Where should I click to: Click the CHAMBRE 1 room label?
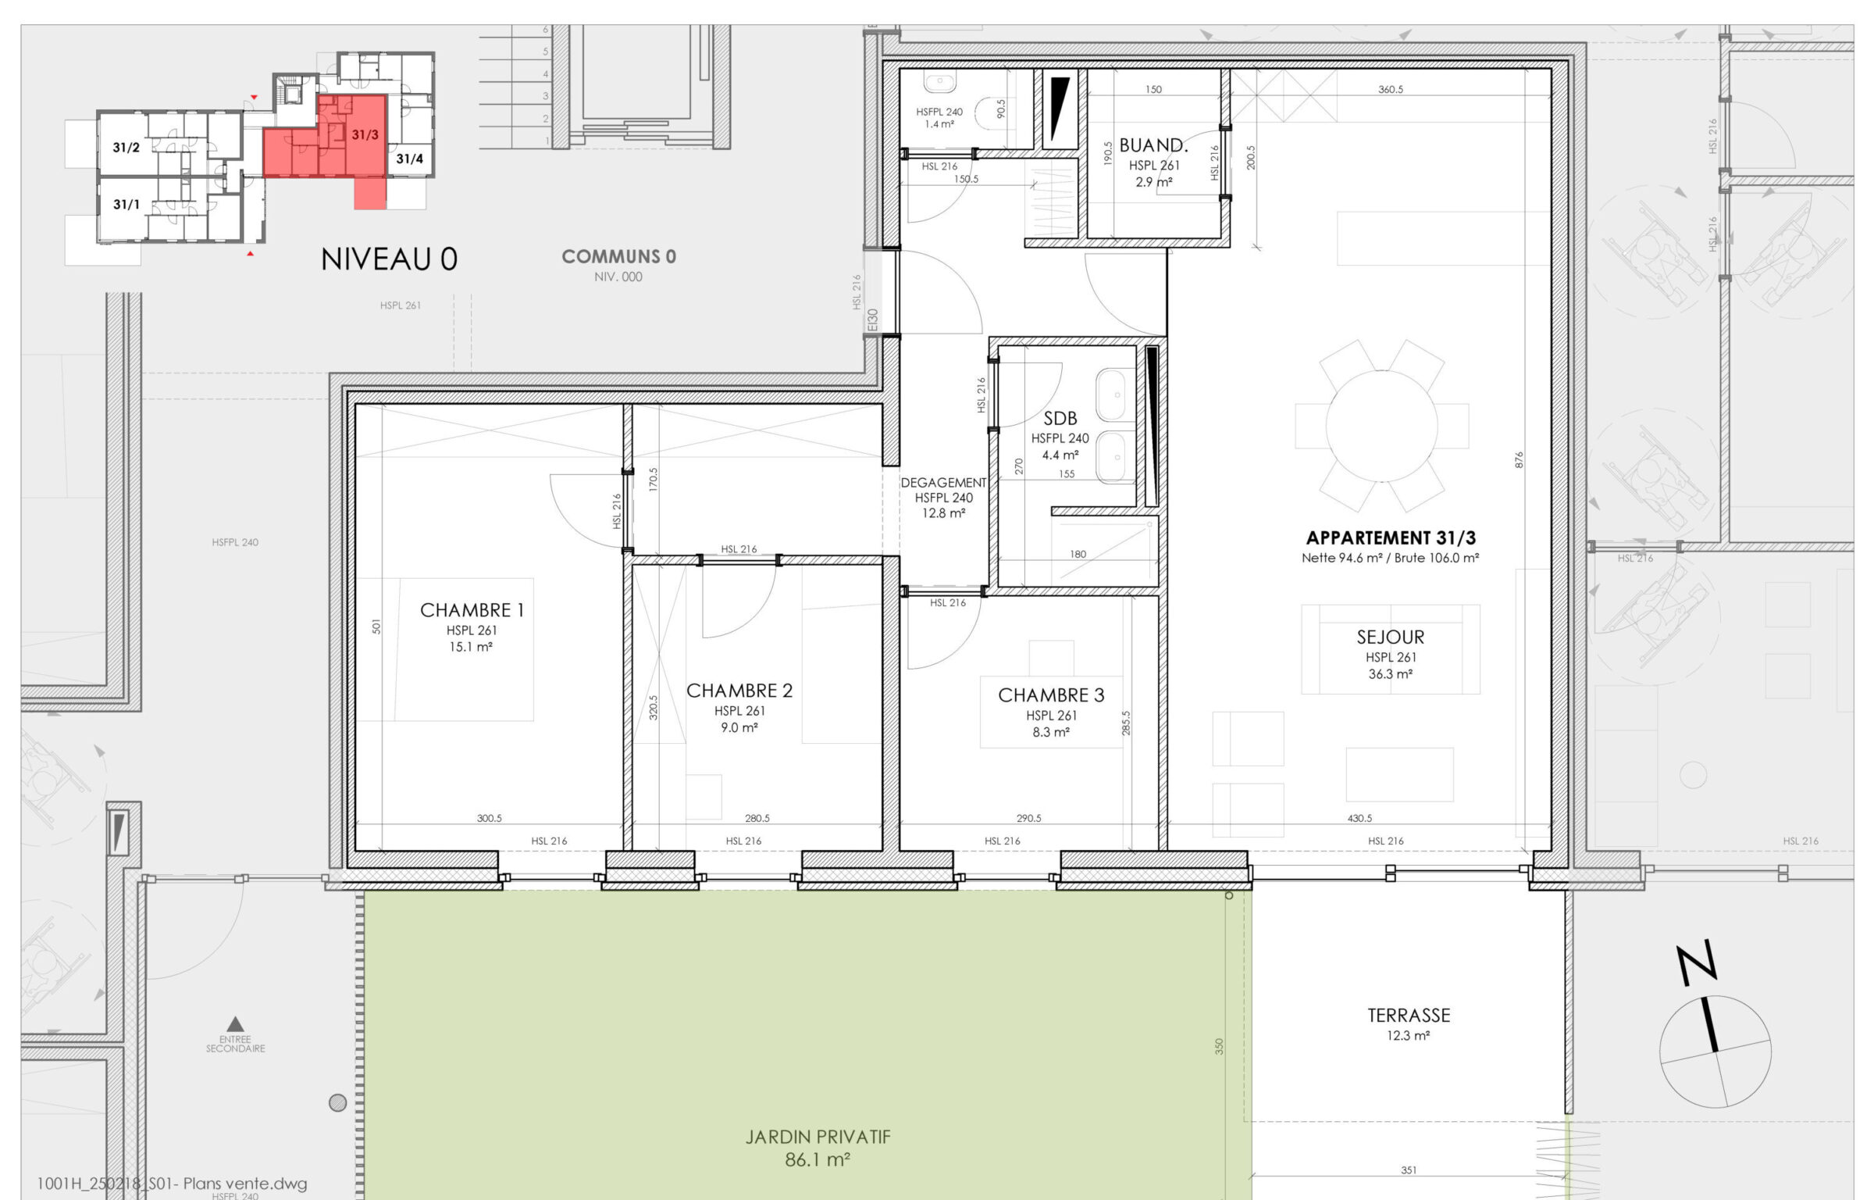pyautogui.click(x=472, y=610)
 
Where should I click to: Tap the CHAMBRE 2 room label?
pyautogui.click(x=739, y=691)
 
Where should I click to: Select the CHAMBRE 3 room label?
pyautogui.click(x=1051, y=695)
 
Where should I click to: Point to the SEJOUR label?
pyautogui.click(x=1391, y=637)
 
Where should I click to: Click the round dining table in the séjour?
pyautogui.click(x=1381, y=426)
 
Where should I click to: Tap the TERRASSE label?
pyautogui.click(x=1409, y=1016)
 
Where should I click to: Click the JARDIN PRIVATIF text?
pyautogui.click(x=818, y=1137)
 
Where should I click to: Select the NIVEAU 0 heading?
pyautogui.click(x=389, y=259)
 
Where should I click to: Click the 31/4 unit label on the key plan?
pyautogui.click(x=409, y=159)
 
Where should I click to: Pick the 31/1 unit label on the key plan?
pyautogui.click(x=126, y=205)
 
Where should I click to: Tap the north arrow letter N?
pyautogui.click(x=1698, y=963)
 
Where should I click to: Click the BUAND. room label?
pyautogui.click(x=1153, y=145)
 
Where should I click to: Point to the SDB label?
pyautogui.click(x=1060, y=419)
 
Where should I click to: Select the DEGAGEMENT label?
pyautogui.click(x=943, y=483)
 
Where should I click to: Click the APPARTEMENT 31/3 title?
pyautogui.click(x=1391, y=537)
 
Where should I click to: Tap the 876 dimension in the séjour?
pyautogui.click(x=1519, y=460)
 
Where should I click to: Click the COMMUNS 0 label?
pyautogui.click(x=618, y=256)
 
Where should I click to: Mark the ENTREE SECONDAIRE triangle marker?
pyautogui.click(x=235, y=1023)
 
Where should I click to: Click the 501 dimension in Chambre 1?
pyautogui.click(x=376, y=627)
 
